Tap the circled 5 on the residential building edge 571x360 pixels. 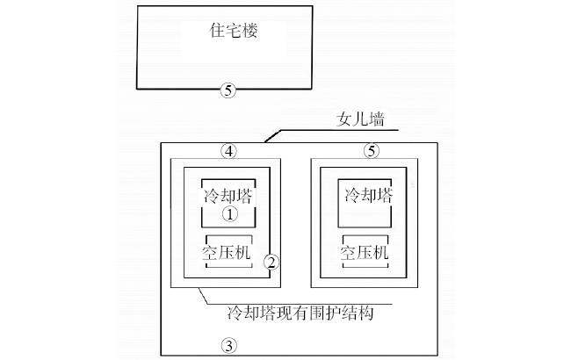[228, 90]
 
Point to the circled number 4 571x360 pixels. [228, 151]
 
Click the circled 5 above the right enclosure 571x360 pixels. [371, 151]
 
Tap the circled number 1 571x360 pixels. [228, 213]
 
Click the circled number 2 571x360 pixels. [271, 262]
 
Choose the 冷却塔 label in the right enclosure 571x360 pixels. [369, 194]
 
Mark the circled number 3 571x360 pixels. [228, 345]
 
